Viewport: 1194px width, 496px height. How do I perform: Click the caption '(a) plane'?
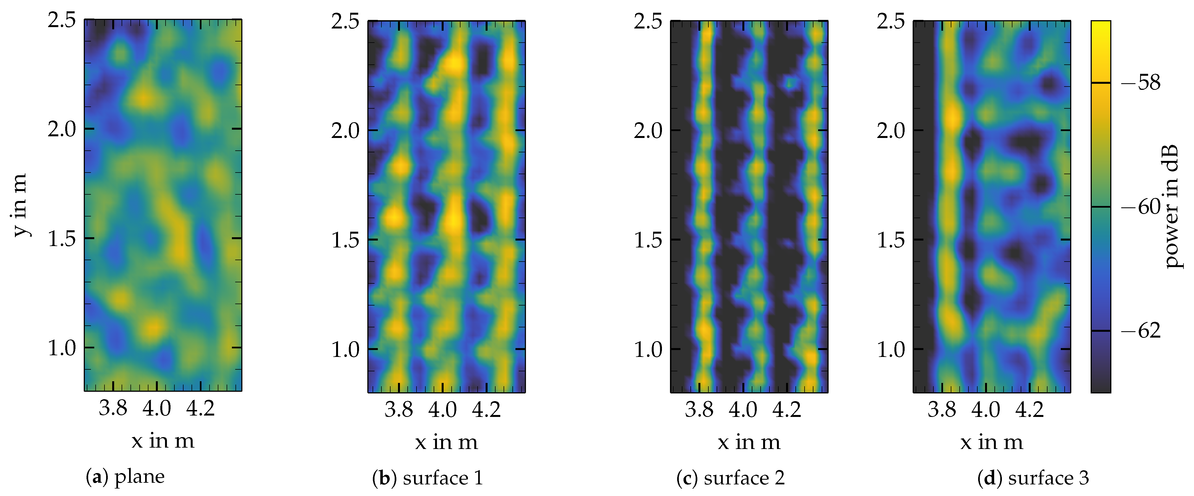coord(125,477)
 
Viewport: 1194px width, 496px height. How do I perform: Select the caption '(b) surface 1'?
coord(427,478)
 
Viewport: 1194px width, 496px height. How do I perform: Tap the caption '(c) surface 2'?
coord(730,478)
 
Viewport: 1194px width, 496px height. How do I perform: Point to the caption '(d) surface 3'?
coord(1033,478)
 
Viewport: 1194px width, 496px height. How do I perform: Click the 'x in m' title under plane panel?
coord(163,440)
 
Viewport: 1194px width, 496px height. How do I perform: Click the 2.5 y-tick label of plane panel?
coord(62,20)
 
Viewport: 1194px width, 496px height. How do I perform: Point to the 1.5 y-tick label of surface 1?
coord(345,240)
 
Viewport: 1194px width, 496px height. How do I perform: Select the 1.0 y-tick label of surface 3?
coord(891,349)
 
